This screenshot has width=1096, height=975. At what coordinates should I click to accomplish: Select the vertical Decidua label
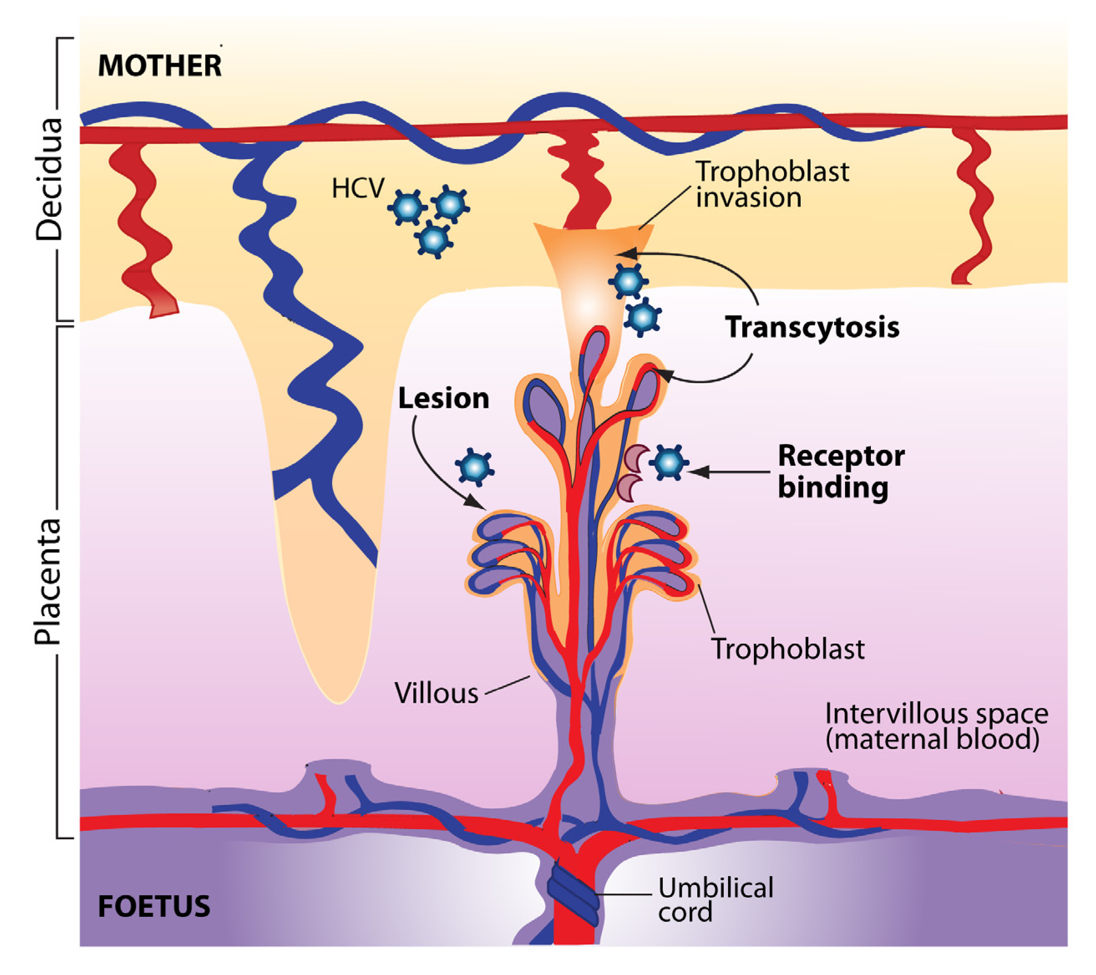(x=49, y=179)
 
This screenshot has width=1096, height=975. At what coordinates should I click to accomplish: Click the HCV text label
(x=358, y=188)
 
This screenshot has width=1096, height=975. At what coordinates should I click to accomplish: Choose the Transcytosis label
(x=812, y=327)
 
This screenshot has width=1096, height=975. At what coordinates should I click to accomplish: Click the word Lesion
(x=444, y=399)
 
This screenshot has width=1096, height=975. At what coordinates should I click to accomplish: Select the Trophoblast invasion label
(x=772, y=185)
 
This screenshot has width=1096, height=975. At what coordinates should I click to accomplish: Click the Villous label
(x=436, y=693)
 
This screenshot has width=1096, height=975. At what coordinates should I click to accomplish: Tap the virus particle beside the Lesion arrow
(x=474, y=467)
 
